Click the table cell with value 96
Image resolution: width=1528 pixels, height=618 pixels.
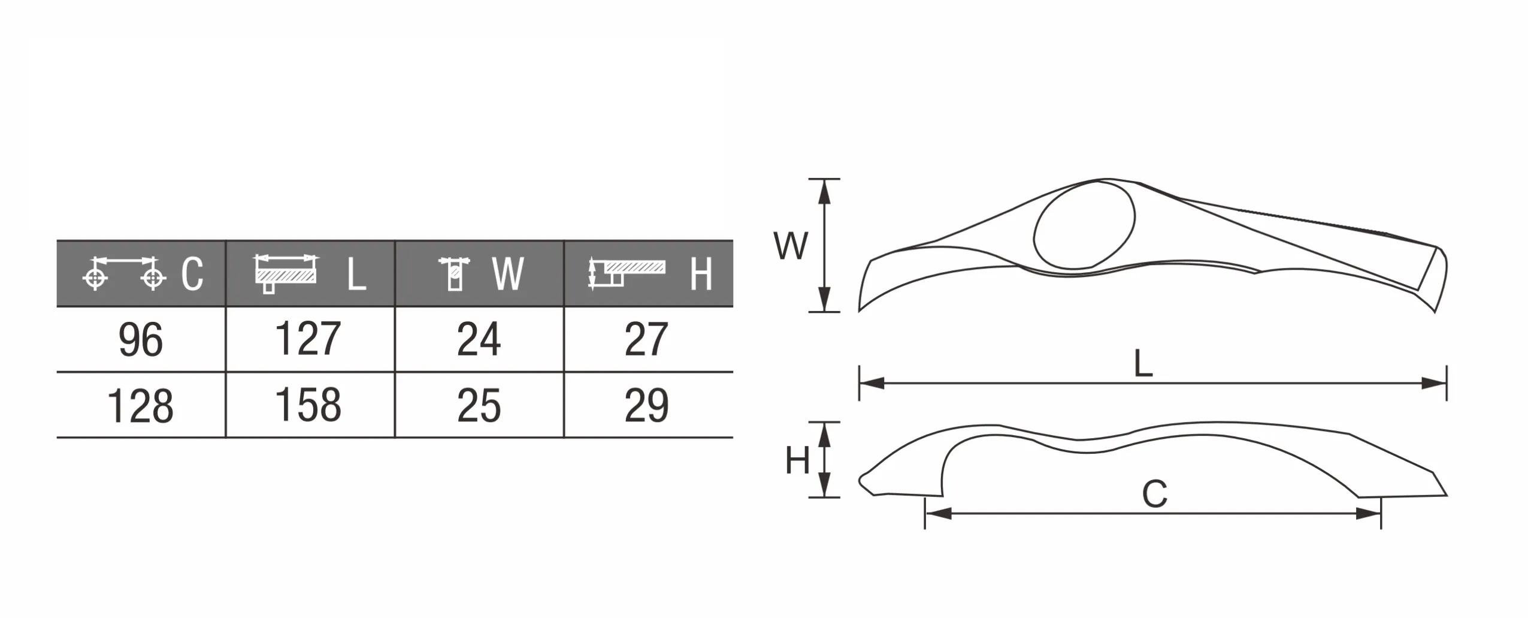click(141, 340)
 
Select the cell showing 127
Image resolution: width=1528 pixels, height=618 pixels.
click(310, 340)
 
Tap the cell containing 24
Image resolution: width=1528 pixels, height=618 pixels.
click(479, 340)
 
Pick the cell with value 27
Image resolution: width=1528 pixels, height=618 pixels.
click(649, 340)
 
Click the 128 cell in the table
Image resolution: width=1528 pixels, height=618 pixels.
click(141, 405)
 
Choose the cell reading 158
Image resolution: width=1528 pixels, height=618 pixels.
click(310, 405)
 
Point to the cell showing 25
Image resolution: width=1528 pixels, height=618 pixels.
click(479, 405)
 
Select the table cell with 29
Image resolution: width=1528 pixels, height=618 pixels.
click(649, 405)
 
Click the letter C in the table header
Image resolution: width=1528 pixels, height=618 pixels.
click(192, 275)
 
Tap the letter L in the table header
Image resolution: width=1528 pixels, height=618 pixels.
click(356, 275)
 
